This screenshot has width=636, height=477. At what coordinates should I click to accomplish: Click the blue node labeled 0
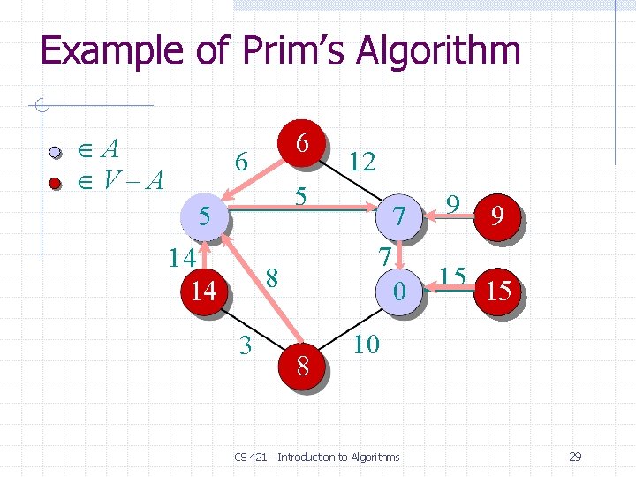pyautogui.click(x=400, y=290)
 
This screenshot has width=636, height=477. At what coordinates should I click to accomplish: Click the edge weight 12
pyautogui.click(x=362, y=161)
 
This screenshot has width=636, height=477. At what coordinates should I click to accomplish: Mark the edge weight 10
pyautogui.click(x=366, y=344)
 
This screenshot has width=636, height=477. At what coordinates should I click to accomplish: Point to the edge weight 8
pyautogui.click(x=273, y=276)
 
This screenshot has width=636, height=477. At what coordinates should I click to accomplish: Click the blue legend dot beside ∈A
pyautogui.click(x=55, y=152)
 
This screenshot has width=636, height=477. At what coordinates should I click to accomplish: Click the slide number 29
pyautogui.click(x=575, y=457)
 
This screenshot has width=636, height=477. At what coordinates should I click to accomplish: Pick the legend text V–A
pyautogui.click(x=132, y=181)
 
